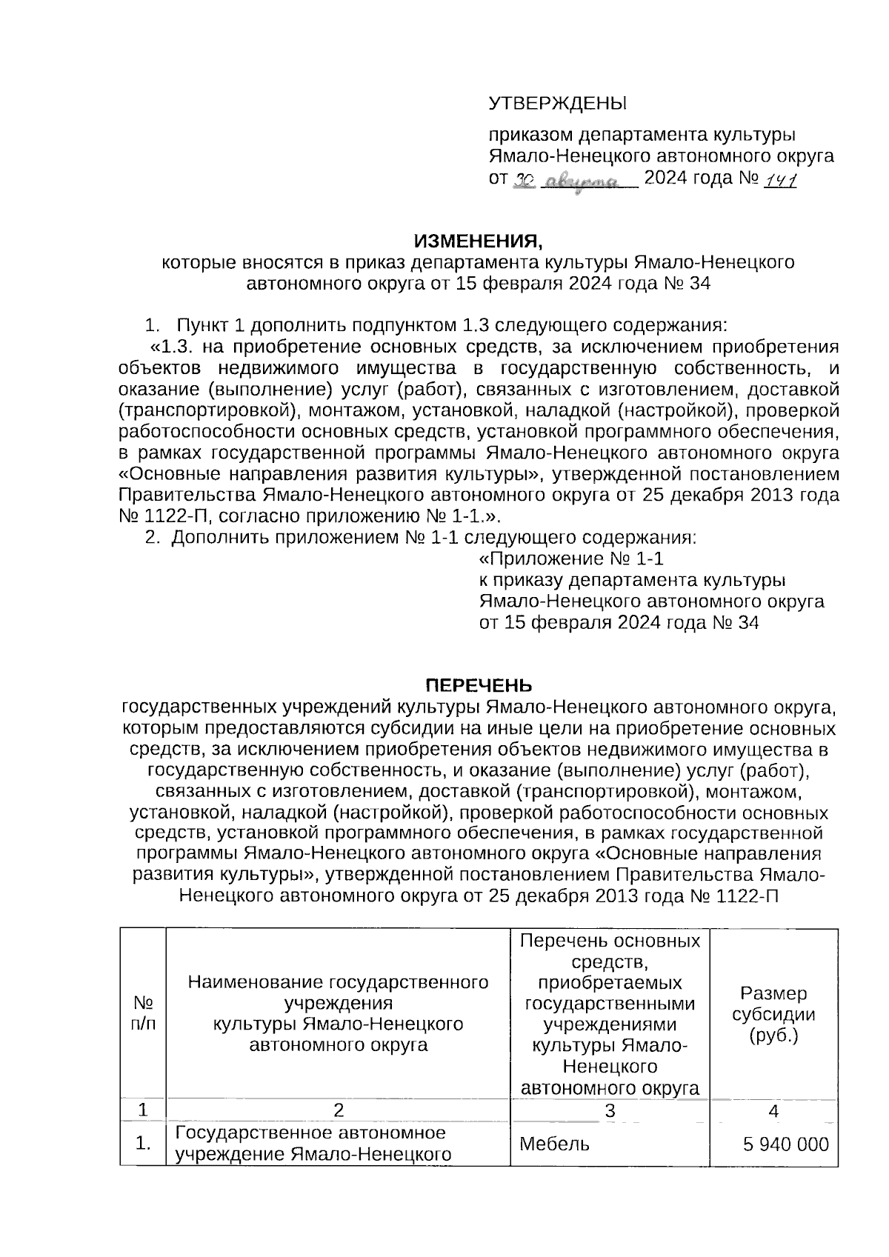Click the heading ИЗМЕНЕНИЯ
click(x=478, y=241)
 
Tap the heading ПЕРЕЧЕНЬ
click(x=478, y=684)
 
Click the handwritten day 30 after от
click(x=524, y=180)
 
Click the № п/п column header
click(x=143, y=1013)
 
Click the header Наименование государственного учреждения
click(x=339, y=993)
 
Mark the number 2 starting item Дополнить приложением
click(x=152, y=537)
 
